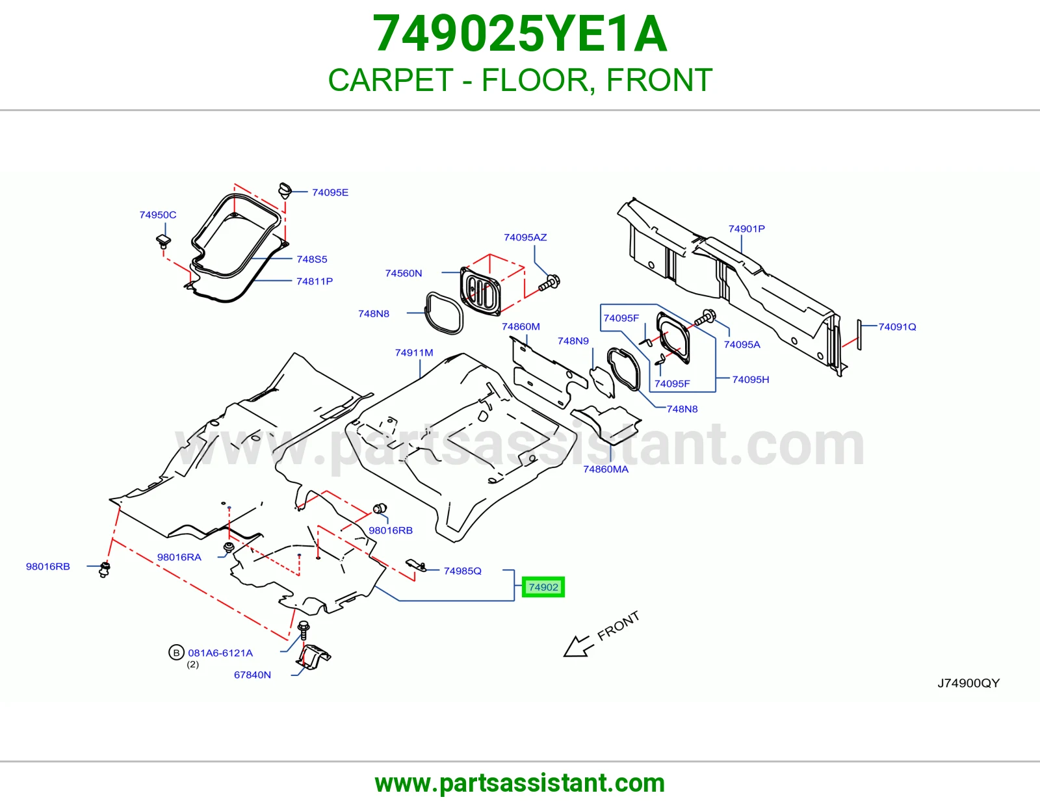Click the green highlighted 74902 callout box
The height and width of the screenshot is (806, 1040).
543,587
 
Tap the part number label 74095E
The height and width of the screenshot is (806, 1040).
330,192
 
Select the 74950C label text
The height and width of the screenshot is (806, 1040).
158,215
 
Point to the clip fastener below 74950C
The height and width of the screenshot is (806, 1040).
163,241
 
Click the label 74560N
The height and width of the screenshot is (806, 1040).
404,273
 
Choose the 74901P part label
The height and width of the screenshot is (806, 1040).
747,229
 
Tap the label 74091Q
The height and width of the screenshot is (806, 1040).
898,327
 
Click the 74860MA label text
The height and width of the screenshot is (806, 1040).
606,469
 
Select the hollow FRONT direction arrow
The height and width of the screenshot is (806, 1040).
578,647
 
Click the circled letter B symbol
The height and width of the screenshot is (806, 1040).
176,653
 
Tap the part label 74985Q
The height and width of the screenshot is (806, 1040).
462,571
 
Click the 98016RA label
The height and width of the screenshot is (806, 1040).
179,557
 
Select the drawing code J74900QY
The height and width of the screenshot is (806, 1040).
968,683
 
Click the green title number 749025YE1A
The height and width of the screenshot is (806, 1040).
520,34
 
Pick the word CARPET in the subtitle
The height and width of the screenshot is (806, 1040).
391,80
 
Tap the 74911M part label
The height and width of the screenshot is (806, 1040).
414,353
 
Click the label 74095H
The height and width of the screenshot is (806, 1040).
751,380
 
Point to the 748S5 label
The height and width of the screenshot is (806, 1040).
312,259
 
